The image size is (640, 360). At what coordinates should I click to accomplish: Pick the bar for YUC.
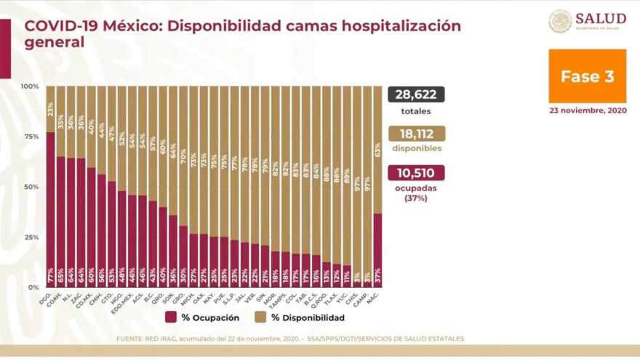[x=347, y=276]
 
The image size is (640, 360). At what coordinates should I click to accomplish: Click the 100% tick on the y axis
[x=30, y=87]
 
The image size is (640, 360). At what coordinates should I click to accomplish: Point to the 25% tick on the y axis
[x=31, y=237]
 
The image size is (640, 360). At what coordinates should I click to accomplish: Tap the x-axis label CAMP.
[x=366, y=296]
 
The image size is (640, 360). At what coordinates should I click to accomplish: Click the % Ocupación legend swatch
[x=172, y=317]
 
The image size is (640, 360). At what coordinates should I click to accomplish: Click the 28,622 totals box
[x=416, y=95]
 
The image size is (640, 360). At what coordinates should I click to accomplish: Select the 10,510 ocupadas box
[x=416, y=172]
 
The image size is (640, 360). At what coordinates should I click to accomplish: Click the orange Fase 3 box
[x=587, y=76]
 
